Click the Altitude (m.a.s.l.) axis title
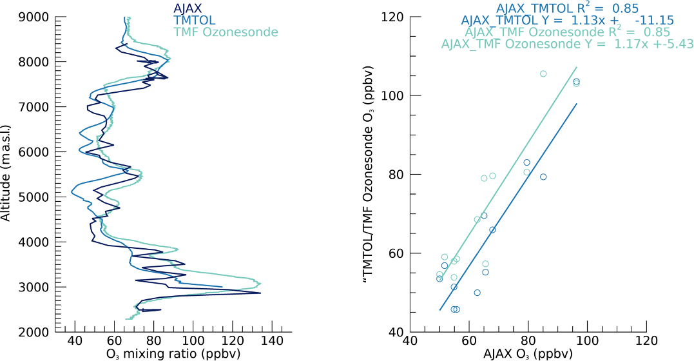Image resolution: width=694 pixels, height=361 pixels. pyautogui.click(x=8, y=174)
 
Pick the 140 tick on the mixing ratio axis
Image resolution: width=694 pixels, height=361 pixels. pyautogui.click(x=272, y=342)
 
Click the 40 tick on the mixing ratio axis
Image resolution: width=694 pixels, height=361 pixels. pyautogui.click(x=75, y=342)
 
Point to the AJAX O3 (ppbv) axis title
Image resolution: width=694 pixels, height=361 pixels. pyautogui.click(x=527, y=354)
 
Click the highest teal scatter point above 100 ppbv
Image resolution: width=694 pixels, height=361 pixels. pyautogui.click(x=543, y=73)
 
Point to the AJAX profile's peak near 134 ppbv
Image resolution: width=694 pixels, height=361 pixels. pyautogui.click(x=260, y=293)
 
